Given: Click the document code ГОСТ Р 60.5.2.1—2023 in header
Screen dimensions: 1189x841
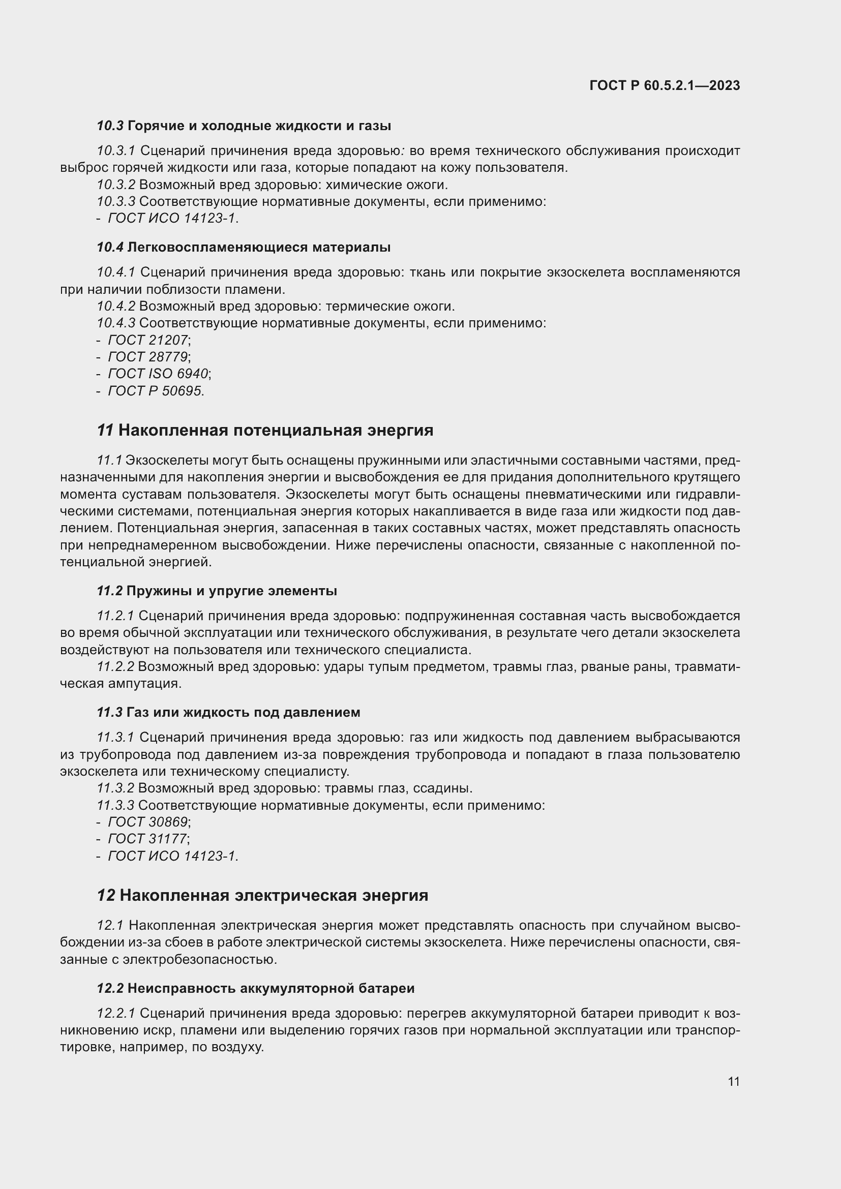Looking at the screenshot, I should pyautogui.click(x=665, y=85).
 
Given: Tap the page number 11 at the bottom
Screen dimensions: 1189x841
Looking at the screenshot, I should pyautogui.click(x=733, y=1081).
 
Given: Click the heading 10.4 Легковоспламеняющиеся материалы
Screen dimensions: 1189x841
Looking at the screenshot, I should pyautogui.click(x=244, y=247).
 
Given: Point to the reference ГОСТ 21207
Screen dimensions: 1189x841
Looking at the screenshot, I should pyautogui.click(x=147, y=340).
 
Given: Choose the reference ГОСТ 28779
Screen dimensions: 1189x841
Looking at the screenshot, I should pyautogui.click(x=147, y=357).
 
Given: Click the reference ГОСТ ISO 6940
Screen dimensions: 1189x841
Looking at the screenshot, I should pyautogui.click(x=158, y=374).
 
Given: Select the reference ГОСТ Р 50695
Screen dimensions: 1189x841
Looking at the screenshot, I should pyautogui.click(x=155, y=391).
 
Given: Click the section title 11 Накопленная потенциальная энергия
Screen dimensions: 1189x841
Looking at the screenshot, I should pyautogui.click(x=264, y=430).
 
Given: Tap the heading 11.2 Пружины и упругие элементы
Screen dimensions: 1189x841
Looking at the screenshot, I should pyautogui.click(x=217, y=591).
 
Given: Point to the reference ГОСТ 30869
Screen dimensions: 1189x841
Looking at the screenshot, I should pyautogui.click(x=147, y=822).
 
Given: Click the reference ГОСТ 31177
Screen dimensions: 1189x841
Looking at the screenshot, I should pyautogui.click(x=147, y=838).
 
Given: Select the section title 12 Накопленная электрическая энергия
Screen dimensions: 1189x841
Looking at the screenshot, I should pyautogui.click(x=262, y=895).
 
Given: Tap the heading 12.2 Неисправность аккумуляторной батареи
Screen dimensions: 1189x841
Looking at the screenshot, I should pyautogui.click(x=255, y=988).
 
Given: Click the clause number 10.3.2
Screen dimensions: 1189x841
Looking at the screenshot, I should pyautogui.click(x=115, y=185).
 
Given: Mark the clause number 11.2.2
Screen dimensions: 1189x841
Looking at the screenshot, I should pyautogui.click(x=115, y=667).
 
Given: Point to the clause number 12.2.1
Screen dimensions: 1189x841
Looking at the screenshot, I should pyautogui.click(x=115, y=1013).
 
